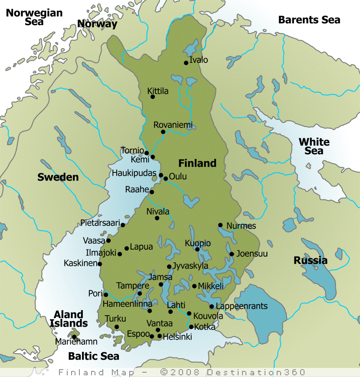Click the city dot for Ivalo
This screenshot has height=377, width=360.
point(186,63)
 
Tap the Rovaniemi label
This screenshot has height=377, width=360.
point(173,125)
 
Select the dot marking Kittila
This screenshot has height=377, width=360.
point(153,97)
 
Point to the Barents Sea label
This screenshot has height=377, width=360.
point(309,19)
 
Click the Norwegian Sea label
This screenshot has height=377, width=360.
point(34,17)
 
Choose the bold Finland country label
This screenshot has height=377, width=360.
point(197,163)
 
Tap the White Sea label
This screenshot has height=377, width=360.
point(314,146)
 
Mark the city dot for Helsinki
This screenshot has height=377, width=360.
point(160,336)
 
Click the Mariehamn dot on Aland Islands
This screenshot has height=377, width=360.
point(74,337)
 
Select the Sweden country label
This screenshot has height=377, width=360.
point(58,177)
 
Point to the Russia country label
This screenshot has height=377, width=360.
point(311,260)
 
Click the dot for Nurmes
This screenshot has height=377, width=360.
point(220,225)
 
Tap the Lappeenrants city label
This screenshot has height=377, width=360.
point(242,306)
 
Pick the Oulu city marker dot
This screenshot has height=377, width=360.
point(165,179)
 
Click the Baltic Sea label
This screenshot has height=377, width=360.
point(94,356)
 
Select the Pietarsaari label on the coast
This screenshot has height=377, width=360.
point(100,223)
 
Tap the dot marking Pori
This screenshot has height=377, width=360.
point(106,295)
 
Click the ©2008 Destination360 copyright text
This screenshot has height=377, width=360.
point(233,372)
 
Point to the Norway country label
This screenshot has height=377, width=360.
point(97,24)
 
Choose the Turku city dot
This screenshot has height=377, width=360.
point(116,327)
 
